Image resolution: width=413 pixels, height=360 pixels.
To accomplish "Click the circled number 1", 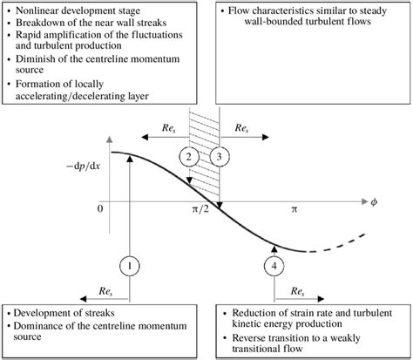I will tap(127, 264).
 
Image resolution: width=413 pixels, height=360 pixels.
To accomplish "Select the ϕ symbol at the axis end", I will tap(375, 202).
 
